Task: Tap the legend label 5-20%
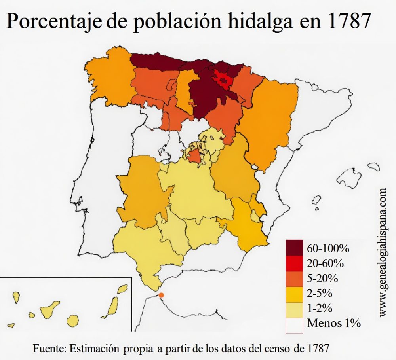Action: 322,279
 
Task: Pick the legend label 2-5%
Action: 320,294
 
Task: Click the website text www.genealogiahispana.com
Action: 383,252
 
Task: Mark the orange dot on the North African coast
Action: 162,295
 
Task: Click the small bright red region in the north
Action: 223,79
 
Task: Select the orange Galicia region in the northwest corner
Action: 110,77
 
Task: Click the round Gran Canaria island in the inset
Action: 73,320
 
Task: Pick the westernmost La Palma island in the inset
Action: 16,297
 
